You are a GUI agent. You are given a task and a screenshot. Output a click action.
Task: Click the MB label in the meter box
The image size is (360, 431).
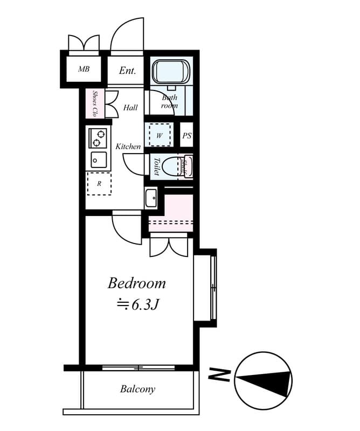click(84, 69)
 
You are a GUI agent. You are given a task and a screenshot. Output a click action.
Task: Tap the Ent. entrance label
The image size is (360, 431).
click(127, 71)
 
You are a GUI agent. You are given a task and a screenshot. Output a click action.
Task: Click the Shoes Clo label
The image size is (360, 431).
click(95, 103)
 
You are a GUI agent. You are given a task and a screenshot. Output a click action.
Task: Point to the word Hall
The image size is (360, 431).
click(130, 108)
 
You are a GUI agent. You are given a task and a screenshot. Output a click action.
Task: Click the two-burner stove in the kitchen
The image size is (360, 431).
click(98, 138)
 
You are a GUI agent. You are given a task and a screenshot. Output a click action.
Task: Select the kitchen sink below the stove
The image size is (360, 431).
click(98, 160)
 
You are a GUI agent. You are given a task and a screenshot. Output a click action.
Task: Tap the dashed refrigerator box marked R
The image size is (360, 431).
click(99, 184)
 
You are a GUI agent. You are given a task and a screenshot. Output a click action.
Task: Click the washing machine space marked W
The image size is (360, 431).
click(160, 135)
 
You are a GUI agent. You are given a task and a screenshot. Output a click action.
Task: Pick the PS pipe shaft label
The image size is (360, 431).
click(186, 136)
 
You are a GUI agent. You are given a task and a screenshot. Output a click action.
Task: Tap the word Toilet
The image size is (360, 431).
click(156, 166)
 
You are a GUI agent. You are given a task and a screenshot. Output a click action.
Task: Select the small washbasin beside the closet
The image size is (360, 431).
click(151, 197)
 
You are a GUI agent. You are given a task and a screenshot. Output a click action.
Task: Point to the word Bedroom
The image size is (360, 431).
click(136, 283)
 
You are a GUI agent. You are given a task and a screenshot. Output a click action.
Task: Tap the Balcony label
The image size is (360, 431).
click(137, 389)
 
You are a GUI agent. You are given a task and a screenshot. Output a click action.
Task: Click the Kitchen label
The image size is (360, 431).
click(128, 147)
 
